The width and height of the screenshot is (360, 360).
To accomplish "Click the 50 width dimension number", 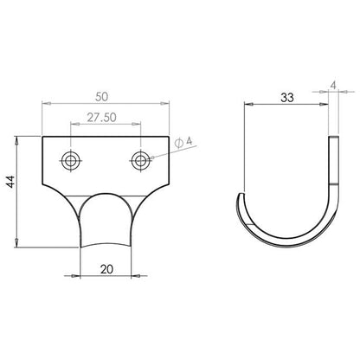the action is coord(102,97).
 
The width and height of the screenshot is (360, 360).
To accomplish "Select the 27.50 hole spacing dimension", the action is coord(102,118).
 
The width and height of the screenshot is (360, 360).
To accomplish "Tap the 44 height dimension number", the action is coord(10,182).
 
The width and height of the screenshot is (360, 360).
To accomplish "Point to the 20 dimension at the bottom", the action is coord(106,269).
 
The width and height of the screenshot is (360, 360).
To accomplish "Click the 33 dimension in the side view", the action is coord(287,98).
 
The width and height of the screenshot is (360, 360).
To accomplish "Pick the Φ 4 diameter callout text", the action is coord(183,142).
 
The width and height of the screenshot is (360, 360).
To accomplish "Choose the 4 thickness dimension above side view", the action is coord(333,86).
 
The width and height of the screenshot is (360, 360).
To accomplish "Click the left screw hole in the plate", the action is coord(70,160).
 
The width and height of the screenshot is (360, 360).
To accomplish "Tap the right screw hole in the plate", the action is coord(140,160).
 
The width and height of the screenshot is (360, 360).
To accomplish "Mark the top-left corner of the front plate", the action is coord(42,136).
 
